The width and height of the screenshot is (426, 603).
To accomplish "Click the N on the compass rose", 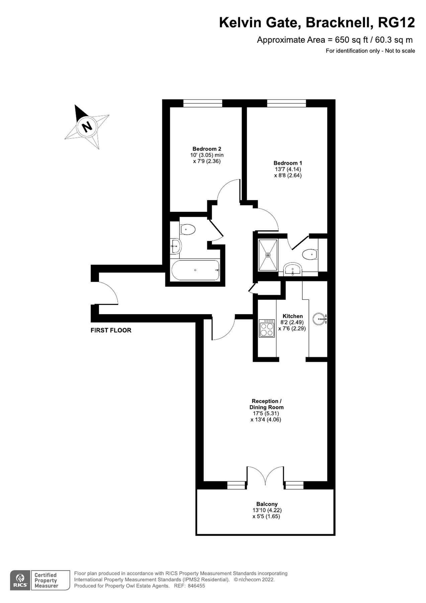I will click(87, 126).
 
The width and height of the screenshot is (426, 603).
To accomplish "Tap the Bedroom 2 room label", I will click(206, 149).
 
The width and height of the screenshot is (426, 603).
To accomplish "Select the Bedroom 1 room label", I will click(287, 163).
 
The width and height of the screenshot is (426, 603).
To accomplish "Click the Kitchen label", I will click(292, 316).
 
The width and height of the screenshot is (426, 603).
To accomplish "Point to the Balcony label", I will click(267, 504).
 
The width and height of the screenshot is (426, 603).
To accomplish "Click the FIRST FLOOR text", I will click(111, 330).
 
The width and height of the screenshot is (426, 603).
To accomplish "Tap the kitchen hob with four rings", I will click(267, 329).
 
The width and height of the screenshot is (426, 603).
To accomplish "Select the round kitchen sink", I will click(319, 319).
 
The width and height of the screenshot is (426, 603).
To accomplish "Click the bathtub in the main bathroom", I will click(195, 270).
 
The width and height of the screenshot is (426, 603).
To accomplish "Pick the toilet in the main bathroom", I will click(187, 230).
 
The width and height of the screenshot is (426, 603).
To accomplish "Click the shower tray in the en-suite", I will click(268, 255).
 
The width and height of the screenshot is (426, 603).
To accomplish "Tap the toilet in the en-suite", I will click(309, 255).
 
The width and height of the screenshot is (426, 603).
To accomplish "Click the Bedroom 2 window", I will click(202, 104).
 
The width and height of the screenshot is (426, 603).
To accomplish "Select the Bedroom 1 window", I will click(286, 104).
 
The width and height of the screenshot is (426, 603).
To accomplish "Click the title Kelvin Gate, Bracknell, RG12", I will click(317, 23).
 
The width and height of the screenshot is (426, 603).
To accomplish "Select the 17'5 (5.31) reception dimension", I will click(266, 413).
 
